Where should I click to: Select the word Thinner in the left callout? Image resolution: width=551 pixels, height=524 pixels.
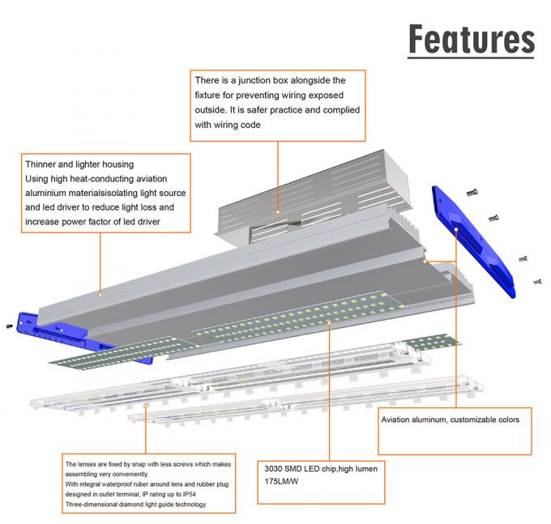[x=43, y=164]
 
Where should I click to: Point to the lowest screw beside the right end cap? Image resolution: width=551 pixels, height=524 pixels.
[x=536, y=281]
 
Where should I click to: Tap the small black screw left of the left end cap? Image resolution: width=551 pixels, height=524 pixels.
[x=9, y=326]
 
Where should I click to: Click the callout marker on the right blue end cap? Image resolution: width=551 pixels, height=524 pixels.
[x=458, y=229]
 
